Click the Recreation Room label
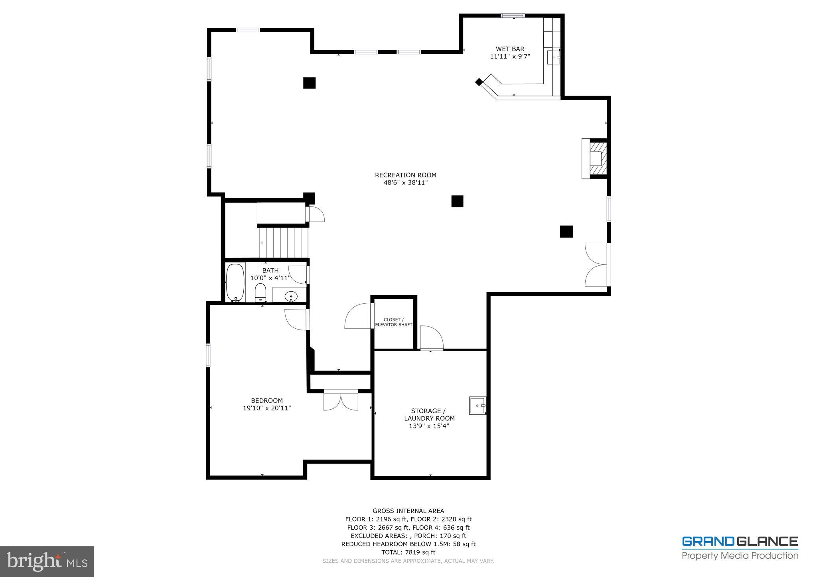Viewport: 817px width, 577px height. point(405,175)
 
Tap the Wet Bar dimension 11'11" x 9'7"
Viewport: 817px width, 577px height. point(510,57)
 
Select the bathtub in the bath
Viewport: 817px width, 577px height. point(235,282)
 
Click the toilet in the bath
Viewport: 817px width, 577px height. point(260,293)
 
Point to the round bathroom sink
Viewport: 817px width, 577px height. point(291,296)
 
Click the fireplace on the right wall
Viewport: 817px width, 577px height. point(595,158)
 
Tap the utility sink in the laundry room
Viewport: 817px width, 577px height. point(478,406)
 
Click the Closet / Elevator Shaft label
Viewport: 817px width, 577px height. point(393,322)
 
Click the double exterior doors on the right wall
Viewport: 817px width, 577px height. point(597,265)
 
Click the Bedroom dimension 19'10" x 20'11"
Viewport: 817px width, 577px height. point(267,408)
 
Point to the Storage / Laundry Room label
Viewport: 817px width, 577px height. point(429,414)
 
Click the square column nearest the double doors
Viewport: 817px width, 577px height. point(566,232)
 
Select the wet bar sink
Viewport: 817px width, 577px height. point(554,57)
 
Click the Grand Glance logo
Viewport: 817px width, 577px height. point(740,548)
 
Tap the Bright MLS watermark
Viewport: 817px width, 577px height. point(47,561)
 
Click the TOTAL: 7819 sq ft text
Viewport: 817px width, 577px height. point(408,552)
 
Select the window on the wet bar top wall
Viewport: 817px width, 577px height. point(513,16)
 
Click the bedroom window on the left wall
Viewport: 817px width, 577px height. point(208,355)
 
